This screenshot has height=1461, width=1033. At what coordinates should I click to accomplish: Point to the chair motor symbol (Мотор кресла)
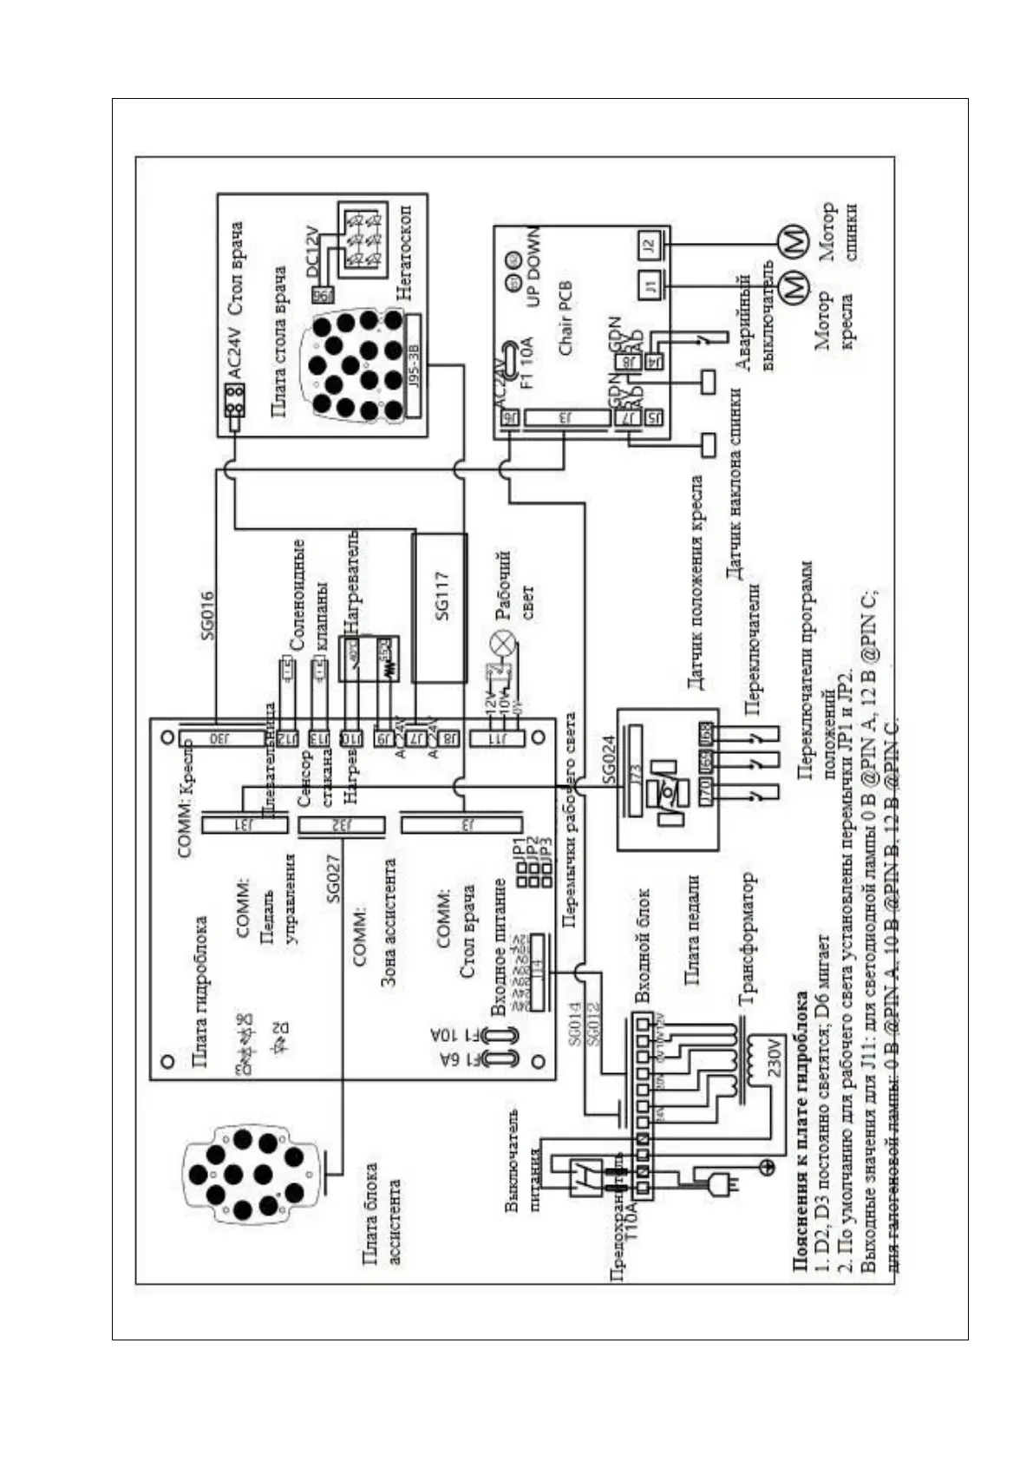pos(791,287)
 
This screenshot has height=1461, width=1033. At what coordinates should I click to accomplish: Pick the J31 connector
pos(245,825)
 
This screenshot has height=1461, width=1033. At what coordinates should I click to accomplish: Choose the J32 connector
pos(341,826)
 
